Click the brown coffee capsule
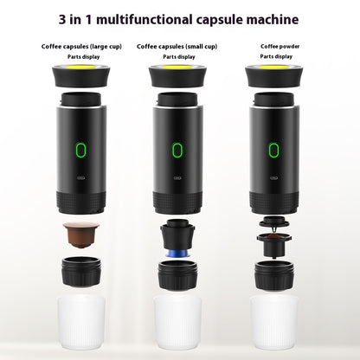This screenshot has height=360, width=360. [81, 234]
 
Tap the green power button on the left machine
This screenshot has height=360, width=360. [81, 150]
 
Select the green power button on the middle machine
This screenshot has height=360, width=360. [178, 150]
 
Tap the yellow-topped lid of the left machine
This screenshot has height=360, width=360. [81, 75]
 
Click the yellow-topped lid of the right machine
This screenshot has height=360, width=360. [274, 75]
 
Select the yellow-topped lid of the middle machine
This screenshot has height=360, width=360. [178, 75]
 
